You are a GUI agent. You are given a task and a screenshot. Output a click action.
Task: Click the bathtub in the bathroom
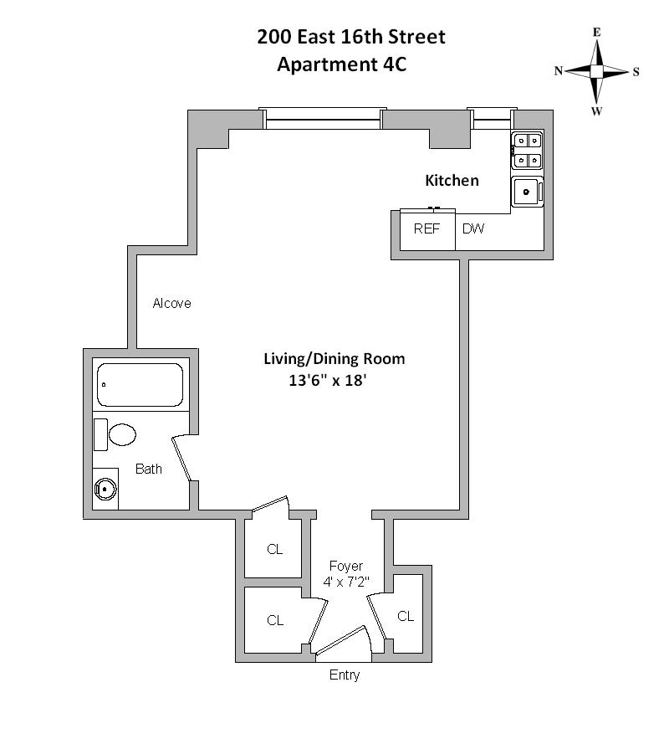(140, 385)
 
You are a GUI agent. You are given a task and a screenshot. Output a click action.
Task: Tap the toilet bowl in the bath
(121, 434)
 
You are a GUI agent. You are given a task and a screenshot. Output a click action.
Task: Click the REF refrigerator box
(426, 229)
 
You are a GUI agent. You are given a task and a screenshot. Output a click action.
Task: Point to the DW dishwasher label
(472, 228)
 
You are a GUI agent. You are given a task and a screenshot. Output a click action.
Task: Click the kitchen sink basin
(527, 192)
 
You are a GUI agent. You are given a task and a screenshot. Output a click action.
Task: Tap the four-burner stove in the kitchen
(527, 151)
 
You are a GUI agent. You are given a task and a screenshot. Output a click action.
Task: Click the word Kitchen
(452, 180)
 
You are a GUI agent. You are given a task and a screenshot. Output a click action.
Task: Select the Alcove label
(171, 303)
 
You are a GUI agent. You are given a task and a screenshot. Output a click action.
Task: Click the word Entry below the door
(345, 675)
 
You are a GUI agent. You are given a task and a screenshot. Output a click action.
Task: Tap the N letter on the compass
(558, 71)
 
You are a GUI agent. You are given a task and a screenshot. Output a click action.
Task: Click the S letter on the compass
(636, 72)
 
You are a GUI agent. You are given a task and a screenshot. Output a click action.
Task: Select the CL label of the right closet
(406, 617)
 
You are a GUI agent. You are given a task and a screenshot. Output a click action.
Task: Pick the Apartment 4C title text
(341, 64)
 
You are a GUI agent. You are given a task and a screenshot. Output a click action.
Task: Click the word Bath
(149, 469)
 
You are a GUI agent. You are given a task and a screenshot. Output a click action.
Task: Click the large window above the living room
(323, 119)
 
